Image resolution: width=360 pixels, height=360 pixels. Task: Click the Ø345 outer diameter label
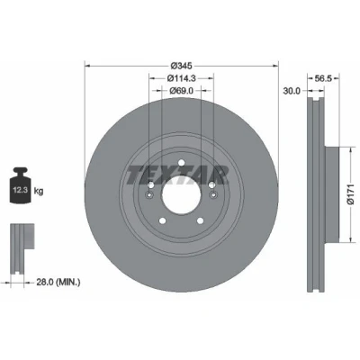coord(181,65)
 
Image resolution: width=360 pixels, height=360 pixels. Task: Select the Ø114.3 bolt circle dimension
coord(182,78)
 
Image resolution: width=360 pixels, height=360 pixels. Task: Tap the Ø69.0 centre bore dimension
coord(181,90)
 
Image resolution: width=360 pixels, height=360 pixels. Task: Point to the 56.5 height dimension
coord(323,78)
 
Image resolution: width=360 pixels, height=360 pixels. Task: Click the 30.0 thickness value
coord(292,90)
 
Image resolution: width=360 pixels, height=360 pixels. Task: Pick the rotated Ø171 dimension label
coord(351,194)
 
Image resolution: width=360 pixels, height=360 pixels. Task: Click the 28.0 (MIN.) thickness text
coord(58,282)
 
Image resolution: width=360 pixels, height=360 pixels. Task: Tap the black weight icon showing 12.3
coord(21,186)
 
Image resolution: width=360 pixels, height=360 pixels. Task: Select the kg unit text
coord(39,191)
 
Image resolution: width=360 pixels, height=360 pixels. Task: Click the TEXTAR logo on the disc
coord(178,175)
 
